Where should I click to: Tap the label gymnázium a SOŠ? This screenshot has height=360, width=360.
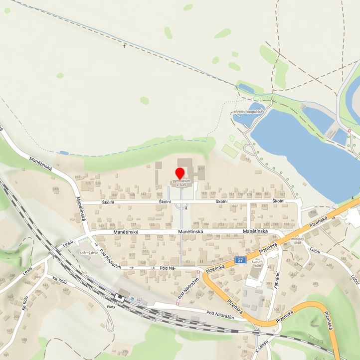point(181,183)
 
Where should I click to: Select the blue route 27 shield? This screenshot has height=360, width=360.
point(241,260)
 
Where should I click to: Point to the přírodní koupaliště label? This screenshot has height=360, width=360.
point(248,112)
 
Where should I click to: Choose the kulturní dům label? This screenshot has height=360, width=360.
point(257,264)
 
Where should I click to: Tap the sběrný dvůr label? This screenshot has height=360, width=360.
point(88,253)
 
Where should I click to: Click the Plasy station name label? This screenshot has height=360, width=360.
point(111,307)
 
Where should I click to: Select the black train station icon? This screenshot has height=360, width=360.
point(119,298)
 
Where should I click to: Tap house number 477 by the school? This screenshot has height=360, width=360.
point(201,170)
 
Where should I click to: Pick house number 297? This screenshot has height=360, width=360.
point(77,177)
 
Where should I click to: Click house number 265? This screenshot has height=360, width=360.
point(55,189)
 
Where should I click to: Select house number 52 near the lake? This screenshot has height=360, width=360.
point(248,159)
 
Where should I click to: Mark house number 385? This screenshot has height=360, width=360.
point(315,284)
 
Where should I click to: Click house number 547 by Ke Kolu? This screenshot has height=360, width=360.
point(66,289)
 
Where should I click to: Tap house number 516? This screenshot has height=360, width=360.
point(313,213)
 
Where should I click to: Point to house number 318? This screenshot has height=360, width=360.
point(125,352)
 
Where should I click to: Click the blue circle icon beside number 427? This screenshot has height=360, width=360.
point(132,299)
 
